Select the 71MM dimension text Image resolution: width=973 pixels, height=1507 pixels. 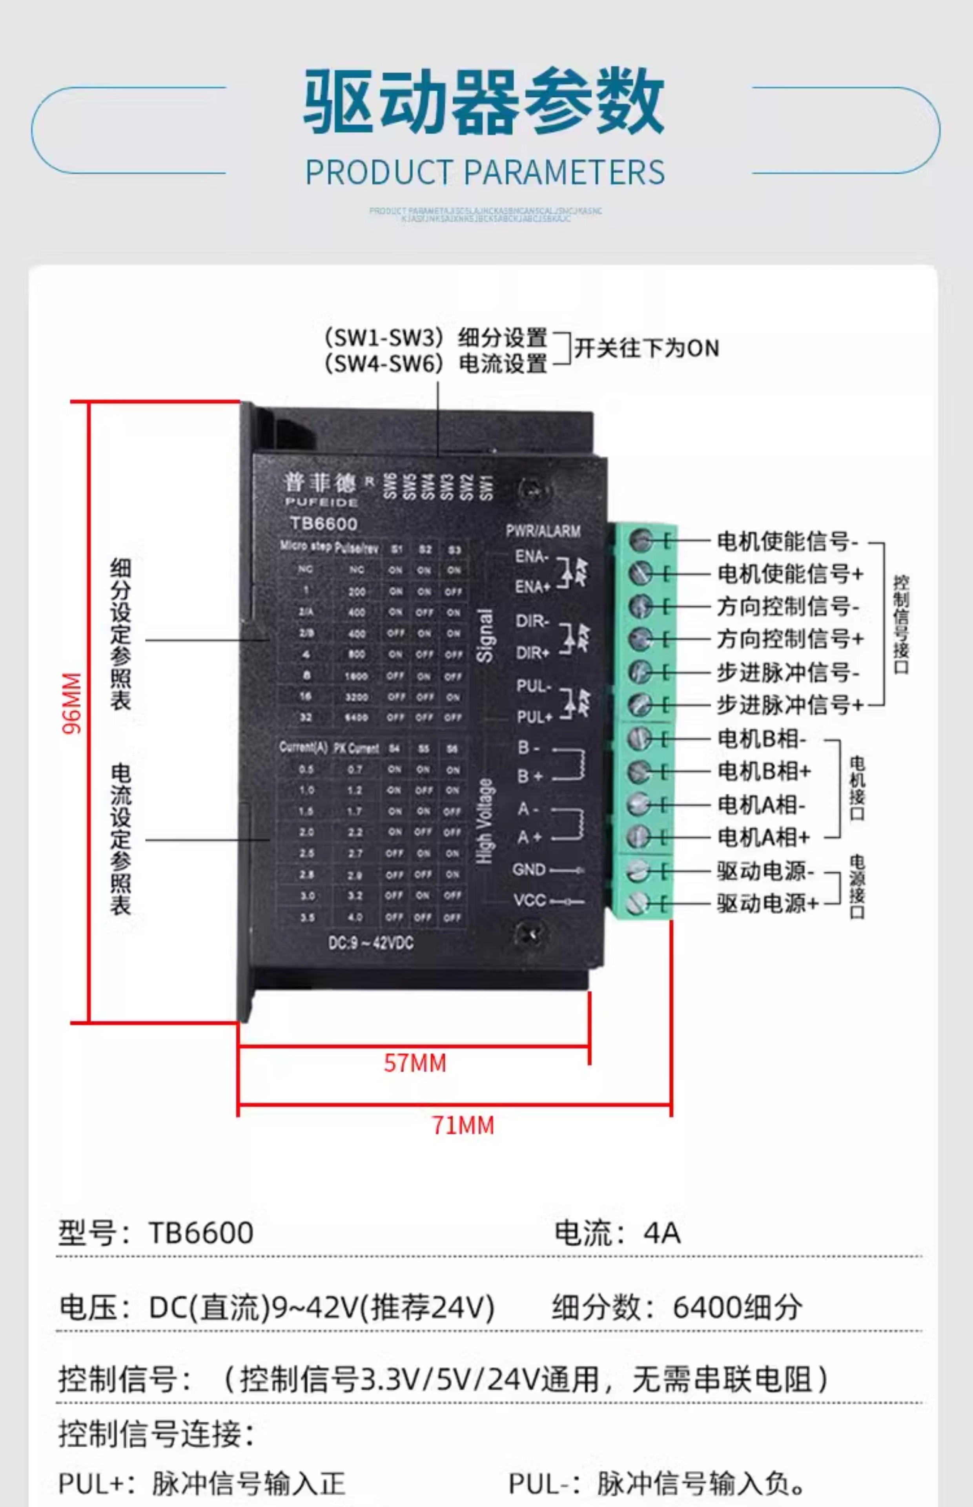pos(463,1126)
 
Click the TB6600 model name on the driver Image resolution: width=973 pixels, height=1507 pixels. pos(324,524)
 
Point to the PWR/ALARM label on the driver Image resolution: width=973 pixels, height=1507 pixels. pos(543,531)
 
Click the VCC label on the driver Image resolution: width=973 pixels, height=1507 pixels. pos(530,900)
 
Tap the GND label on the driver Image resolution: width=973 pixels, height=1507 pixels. pos(529,869)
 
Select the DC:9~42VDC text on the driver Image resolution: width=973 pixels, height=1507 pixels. pos(371,943)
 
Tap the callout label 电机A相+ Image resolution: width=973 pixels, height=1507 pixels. pos(763,837)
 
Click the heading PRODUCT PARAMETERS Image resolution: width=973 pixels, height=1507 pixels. pos(485,172)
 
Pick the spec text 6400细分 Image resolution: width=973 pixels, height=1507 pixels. pos(737,1307)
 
